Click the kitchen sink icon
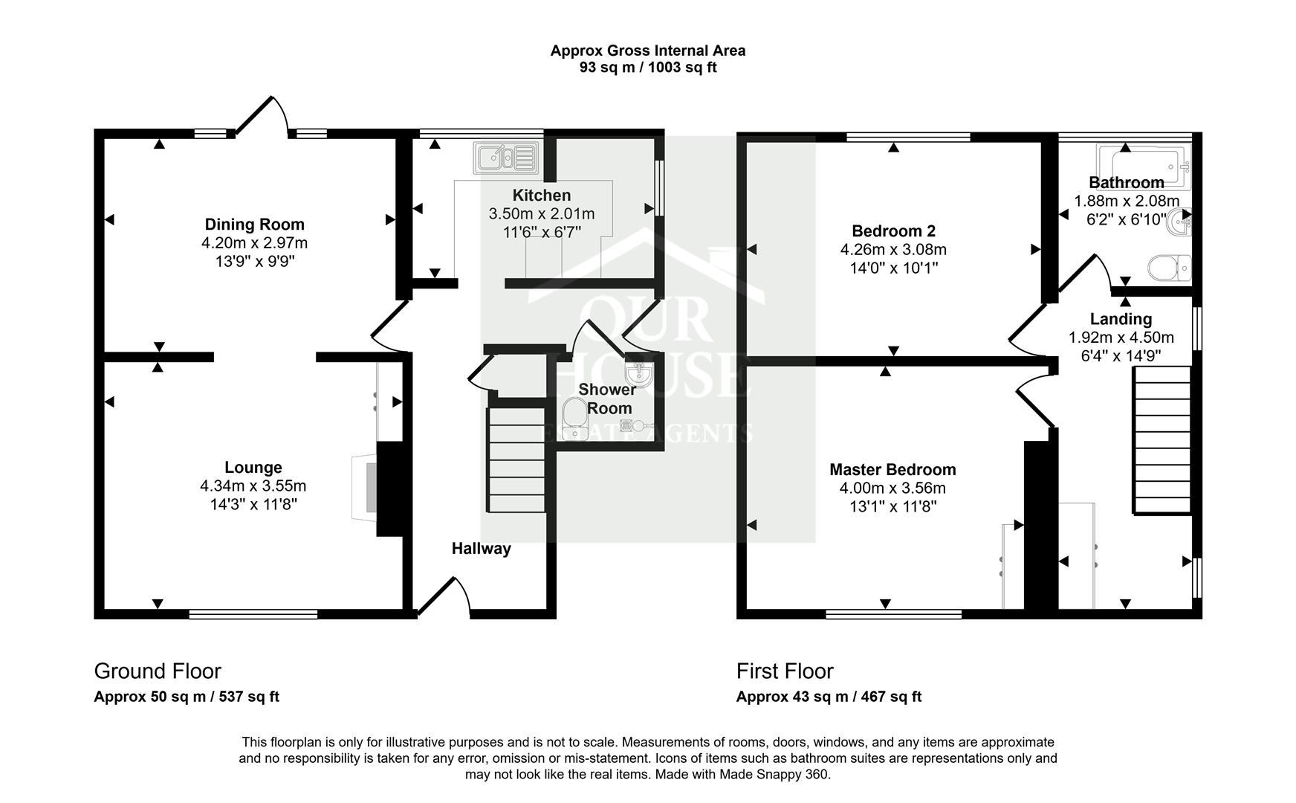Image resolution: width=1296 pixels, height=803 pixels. [x=506, y=158]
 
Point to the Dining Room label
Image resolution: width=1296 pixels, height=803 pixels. [x=254, y=225]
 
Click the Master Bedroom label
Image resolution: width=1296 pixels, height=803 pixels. [x=892, y=470]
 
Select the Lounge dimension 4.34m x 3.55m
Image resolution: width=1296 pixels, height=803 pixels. [x=253, y=486]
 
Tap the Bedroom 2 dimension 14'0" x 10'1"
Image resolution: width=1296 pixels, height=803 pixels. [x=893, y=268]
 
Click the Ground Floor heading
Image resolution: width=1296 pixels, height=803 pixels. [x=158, y=671]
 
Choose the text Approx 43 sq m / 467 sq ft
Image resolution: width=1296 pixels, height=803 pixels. [x=829, y=697]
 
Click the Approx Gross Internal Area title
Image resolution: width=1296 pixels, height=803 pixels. [x=647, y=51]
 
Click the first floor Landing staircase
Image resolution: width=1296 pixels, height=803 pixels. [x=1161, y=442]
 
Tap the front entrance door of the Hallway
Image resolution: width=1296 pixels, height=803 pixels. [x=444, y=597]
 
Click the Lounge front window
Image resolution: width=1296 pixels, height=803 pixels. [x=253, y=614]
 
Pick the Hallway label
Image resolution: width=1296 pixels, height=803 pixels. [x=481, y=549]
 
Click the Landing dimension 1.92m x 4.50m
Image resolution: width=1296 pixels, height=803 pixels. [x=1121, y=338]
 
